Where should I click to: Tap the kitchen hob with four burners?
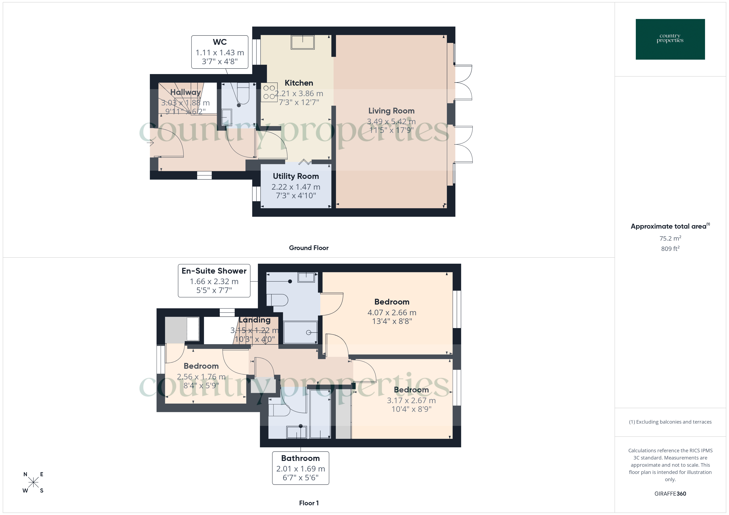coord(269,92)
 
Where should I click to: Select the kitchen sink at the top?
coord(303,42)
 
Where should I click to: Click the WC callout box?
coord(220,52)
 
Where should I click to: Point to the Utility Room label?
coord(296,176)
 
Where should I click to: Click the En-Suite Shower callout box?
coord(214,281)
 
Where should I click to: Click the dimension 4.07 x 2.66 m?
coord(392,312)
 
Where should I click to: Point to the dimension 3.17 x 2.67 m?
coord(411,400)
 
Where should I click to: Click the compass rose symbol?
coord(33,483)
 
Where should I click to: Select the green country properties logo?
coord(670,39)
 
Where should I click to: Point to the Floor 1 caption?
coord(309,503)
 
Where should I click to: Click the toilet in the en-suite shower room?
coord(278,300)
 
